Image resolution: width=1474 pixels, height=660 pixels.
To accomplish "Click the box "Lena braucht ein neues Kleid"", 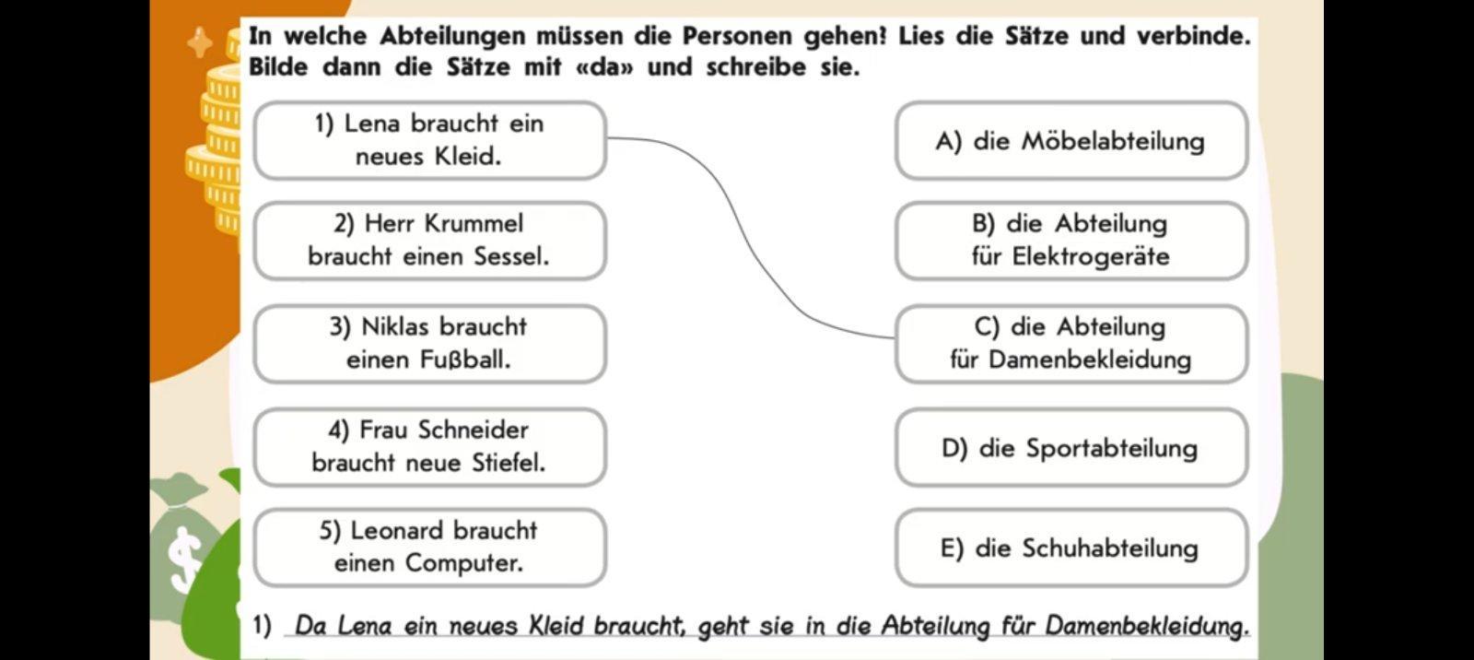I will [x=429, y=140].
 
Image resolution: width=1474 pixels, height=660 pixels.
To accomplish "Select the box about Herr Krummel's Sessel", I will [x=429, y=240].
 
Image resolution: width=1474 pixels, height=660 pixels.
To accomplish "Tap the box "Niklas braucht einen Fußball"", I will [x=429, y=343].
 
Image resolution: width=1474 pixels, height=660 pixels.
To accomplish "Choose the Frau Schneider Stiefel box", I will [x=429, y=446].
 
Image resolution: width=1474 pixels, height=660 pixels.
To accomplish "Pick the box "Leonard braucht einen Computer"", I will [x=429, y=547].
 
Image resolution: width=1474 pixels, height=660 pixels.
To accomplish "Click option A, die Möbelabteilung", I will [x=1070, y=141].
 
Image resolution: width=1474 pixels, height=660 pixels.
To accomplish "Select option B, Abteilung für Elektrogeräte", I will [x=1070, y=240].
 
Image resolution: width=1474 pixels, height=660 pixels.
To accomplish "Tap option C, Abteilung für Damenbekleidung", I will [x=1070, y=343].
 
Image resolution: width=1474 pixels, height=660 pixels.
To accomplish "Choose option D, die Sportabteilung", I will [x=1070, y=448].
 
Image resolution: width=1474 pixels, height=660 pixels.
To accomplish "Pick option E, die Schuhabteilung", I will [x=1070, y=548].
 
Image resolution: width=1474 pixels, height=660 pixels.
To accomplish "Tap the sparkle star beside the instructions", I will [x=200, y=42].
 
